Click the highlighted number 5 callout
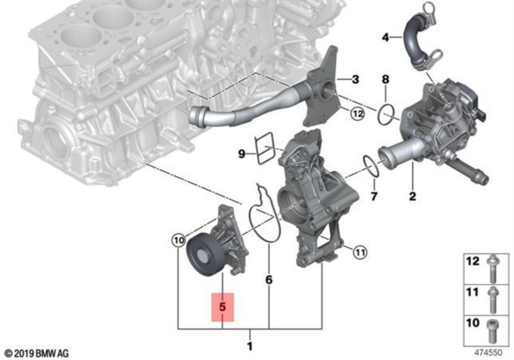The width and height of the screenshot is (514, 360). coord(223,308)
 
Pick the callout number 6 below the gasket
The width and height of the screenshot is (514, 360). coord(269,280)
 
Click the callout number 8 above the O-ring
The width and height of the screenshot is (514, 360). coord(385,80)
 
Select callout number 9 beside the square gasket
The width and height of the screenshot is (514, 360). coord(242,154)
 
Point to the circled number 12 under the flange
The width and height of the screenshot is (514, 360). coord(358,114)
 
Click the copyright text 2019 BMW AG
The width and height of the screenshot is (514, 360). coord(37,353)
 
